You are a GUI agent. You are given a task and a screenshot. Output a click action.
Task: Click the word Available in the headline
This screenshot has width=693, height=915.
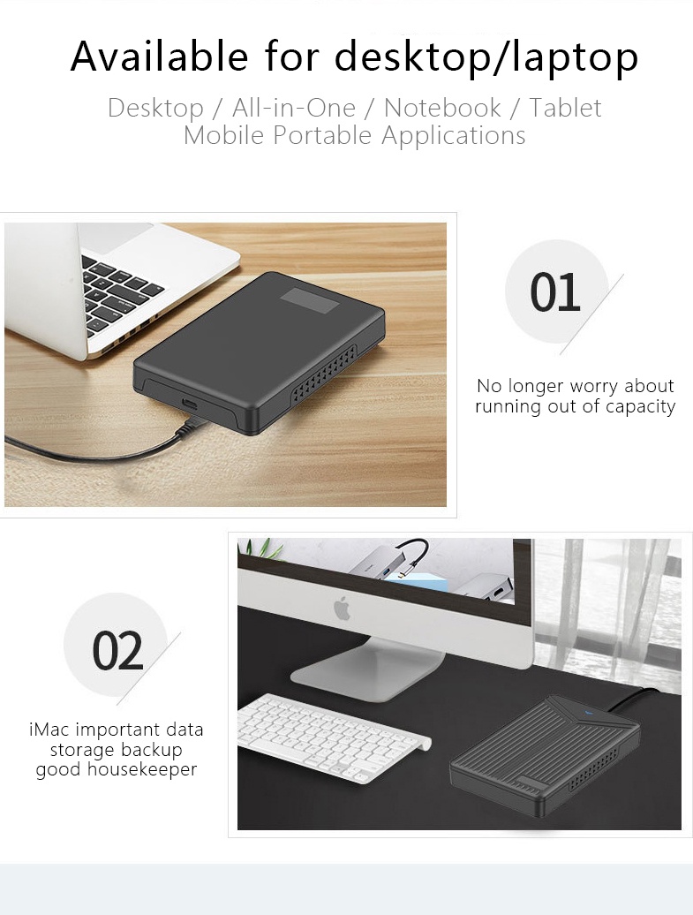pyautogui.click(x=159, y=56)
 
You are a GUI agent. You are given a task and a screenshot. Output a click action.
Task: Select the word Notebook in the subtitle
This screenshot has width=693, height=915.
pyautogui.click(x=442, y=108)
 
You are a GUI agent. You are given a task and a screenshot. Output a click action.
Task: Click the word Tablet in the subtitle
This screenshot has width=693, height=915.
pyautogui.click(x=565, y=108)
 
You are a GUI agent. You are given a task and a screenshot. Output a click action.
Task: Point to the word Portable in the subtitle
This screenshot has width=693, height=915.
pyautogui.click(x=322, y=135)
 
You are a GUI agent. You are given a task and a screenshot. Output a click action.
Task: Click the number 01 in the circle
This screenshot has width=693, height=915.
pyautogui.click(x=555, y=292)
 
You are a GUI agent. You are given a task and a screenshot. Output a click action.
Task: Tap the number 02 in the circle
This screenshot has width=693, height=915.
pyautogui.click(x=117, y=651)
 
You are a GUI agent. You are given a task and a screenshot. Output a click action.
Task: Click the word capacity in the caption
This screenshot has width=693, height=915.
pyautogui.click(x=641, y=407)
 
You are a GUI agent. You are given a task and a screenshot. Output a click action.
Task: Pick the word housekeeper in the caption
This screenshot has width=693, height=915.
pyautogui.click(x=142, y=769)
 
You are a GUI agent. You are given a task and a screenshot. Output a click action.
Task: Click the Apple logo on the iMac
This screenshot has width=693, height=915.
pyautogui.click(x=343, y=609)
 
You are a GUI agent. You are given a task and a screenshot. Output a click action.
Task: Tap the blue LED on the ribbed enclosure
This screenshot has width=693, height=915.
pyautogui.click(x=587, y=713)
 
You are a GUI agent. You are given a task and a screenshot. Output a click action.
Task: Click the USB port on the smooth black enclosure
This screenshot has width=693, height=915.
pyautogui.click(x=190, y=405)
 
